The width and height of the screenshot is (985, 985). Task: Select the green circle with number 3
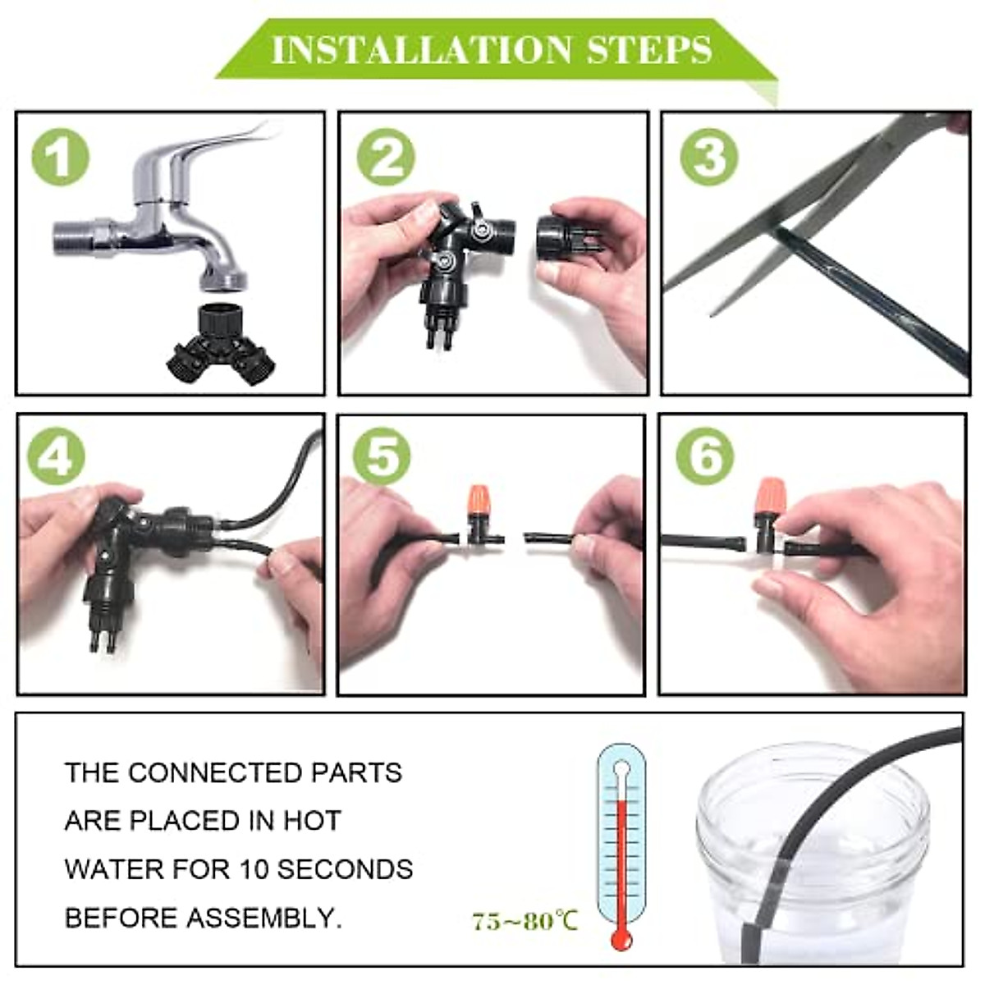pyautogui.click(x=709, y=156)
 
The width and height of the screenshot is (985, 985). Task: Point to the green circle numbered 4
pyautogui.click(x=56, y=455)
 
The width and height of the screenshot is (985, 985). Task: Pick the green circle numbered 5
pyautogui.click(x=382, y=455)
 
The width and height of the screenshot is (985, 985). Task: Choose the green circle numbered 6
pyautogui.click(x=705, y=455)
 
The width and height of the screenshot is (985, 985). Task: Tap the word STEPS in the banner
pyautogui.click(x=648, y=50)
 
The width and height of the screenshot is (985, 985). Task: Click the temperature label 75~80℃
pyautogui.click(x=525, y=921)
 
